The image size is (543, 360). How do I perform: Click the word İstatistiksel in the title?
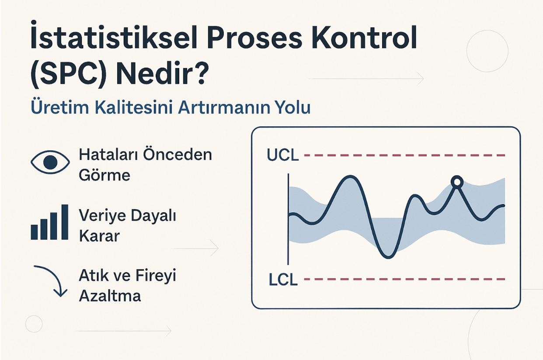[114, 36]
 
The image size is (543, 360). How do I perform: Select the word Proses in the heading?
[254, 38]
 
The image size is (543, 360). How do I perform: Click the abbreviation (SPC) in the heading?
[69, 73]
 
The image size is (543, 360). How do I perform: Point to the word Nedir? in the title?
[162, 72]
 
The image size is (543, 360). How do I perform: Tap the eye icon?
[50, 163]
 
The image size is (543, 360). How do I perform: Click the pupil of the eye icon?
[50, 163]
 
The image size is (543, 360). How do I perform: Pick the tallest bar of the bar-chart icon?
[65, 222]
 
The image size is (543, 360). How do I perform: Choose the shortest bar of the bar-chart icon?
[34, 232]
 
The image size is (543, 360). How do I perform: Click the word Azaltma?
[110, 296]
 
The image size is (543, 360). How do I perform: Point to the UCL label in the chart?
[283, 155]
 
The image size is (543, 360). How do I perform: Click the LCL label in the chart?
[283, 280]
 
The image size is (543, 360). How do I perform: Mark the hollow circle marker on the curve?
[457, 182]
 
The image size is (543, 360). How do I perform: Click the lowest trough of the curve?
[388, 257]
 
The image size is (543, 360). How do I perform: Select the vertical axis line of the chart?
[288, 219]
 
